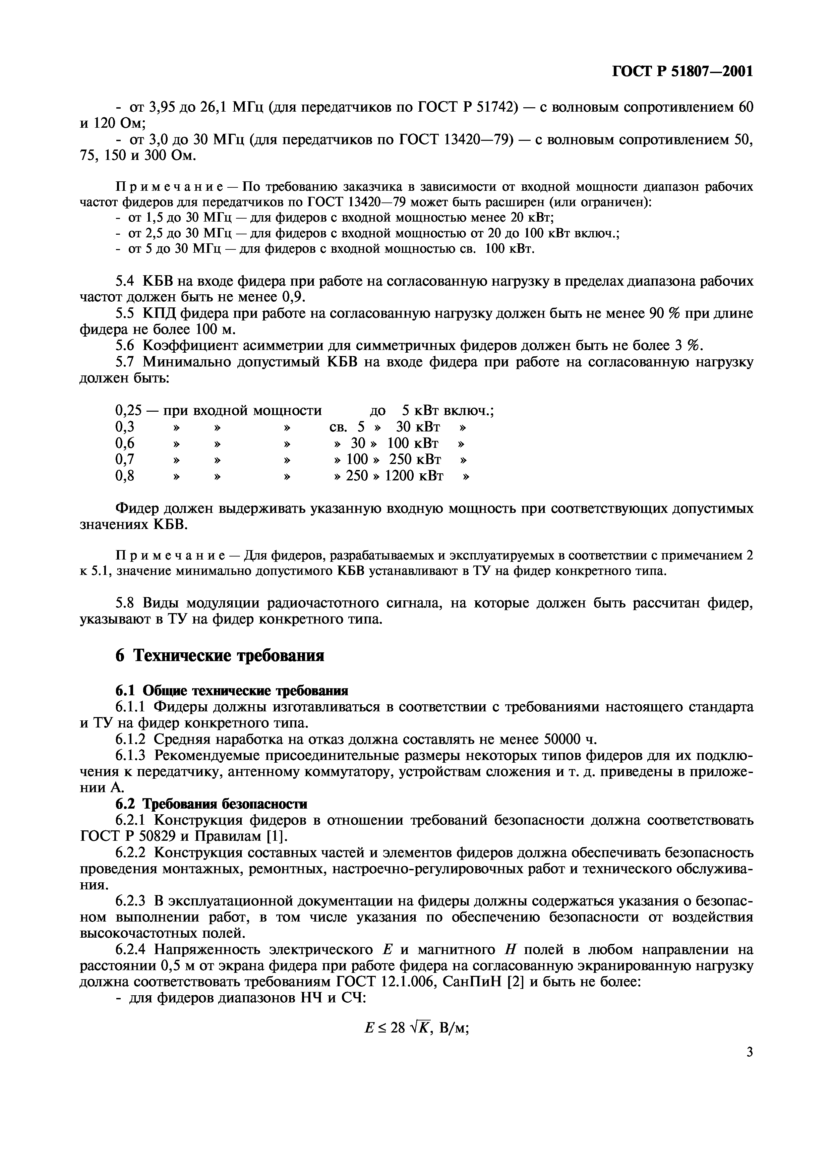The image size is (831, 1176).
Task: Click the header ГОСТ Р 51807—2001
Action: (x=682, y=71)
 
